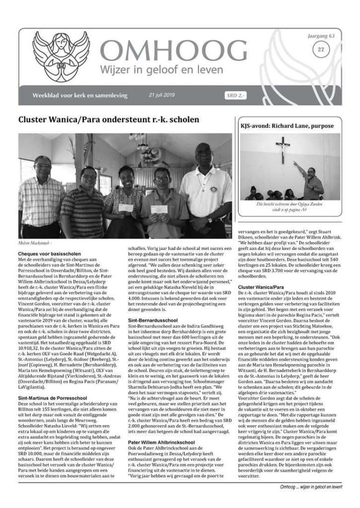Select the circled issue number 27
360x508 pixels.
coord(321,50)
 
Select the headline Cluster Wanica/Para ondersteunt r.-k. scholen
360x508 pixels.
coord(109,120)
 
